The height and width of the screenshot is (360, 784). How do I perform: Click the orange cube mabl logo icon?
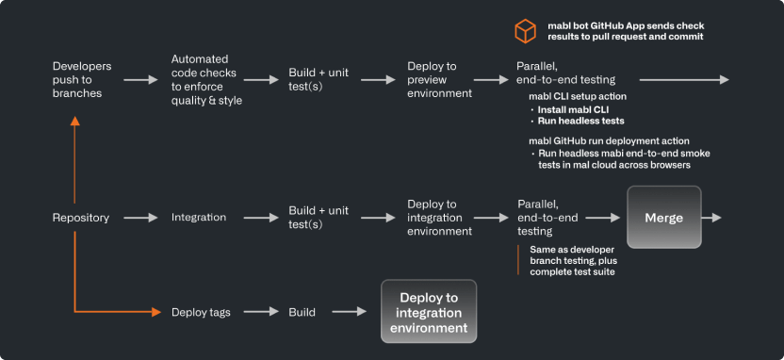pyautogui.click(x=525, y=31)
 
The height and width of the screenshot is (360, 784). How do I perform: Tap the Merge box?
pyautogui.click(x=663, y=218)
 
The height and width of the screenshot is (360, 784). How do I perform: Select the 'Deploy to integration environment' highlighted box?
pyautogui.click(x=428, y=312)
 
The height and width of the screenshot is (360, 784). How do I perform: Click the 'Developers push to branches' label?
pyautogui.click(x=82, y=80)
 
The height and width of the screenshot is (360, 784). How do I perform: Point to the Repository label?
pyautogui.click(x=80, y=218)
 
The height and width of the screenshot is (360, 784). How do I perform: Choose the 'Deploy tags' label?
pyautogui.click(x=201, y=312)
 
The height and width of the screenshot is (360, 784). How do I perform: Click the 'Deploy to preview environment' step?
pyautogui.click(x=439, y=80)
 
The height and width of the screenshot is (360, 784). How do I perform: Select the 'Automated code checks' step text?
pyautogui.click(x=207, y=80)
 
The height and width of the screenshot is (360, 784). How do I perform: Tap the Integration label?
pyautogui.click(x=198, y=218)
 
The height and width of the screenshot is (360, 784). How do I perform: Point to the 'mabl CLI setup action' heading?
pyautogui.click(x=578, y=97)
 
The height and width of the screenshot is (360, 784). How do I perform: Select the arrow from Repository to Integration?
pyautogui.click(x=140, y=218)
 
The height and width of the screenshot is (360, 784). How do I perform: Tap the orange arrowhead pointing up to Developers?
pyautogui.click(x=73, y=123)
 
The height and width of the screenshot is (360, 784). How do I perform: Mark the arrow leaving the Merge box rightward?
pyautogui.click(x=712, y=218)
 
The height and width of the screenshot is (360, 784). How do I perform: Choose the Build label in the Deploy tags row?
pyautogui.click(x=302, y=312)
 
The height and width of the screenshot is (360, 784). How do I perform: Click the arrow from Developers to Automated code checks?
pyautogui.click(x=140, y=80)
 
